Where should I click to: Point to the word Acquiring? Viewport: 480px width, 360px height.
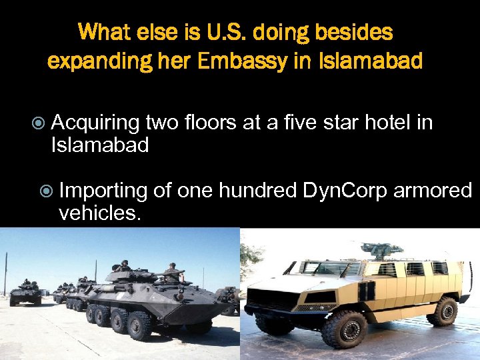click(x=95, y=123)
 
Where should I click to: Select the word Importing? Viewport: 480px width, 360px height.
click(x=103, y=191)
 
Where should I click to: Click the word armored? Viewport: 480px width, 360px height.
click(x=433, y=191)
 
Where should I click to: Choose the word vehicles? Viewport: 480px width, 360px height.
click(x=99, y=213)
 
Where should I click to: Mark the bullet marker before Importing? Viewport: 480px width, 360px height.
click(x=46, y=191)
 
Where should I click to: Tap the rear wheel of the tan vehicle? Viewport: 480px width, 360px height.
click(x=443, y=311)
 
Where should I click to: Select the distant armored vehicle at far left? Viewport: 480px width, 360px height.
click(x=24, y=293)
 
